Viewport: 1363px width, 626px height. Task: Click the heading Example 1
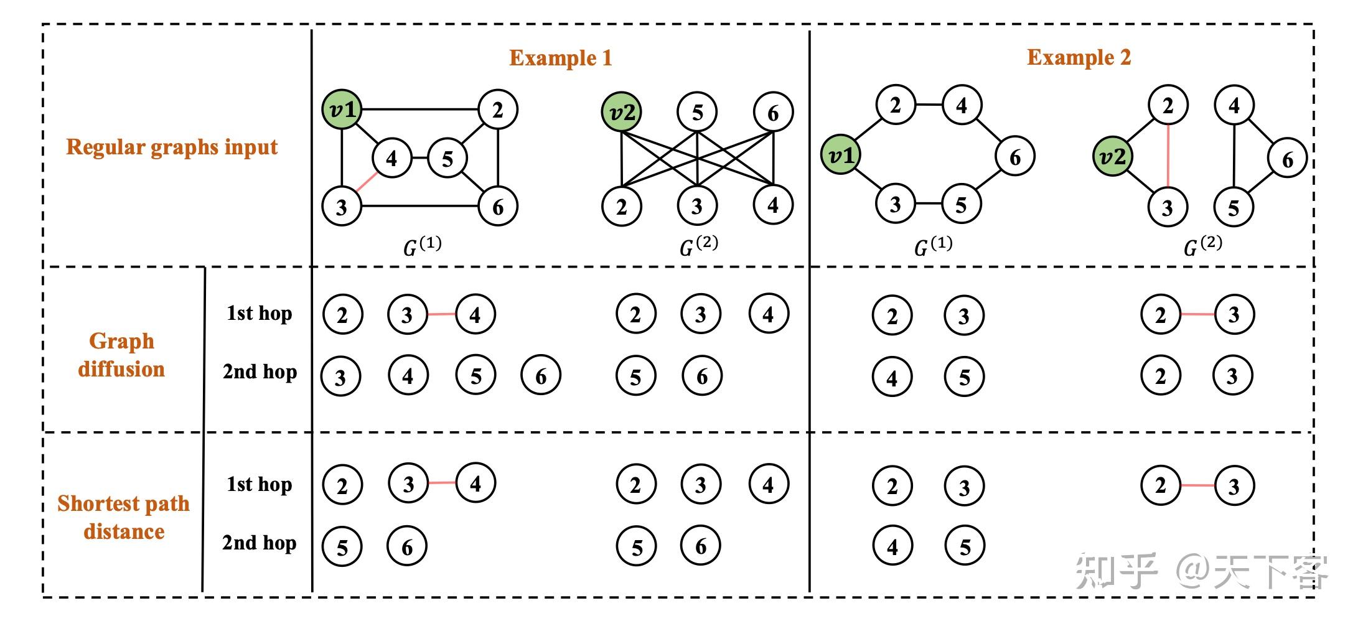560,58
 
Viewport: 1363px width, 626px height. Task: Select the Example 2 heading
1079,57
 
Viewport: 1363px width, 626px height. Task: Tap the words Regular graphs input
172,147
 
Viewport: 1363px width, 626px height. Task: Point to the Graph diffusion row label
121,355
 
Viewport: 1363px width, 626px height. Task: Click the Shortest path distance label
123,517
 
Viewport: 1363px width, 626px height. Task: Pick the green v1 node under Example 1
342,110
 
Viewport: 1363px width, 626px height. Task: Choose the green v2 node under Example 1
621,113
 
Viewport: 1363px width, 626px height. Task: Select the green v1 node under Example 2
840,155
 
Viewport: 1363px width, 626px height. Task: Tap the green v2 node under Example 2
1112,156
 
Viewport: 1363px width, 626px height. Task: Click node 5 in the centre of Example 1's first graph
447,159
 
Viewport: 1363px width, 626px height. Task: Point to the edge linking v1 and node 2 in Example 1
420,110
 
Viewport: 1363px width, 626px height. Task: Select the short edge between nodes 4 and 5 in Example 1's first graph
419,158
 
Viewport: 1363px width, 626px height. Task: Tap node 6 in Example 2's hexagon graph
1014,157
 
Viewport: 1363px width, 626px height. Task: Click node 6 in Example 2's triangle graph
1287,159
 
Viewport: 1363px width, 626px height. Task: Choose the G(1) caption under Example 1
422,246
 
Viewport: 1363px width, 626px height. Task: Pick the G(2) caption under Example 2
1202,246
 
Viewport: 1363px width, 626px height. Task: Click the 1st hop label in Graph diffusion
259,313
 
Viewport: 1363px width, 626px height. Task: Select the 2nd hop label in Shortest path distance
259,543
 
